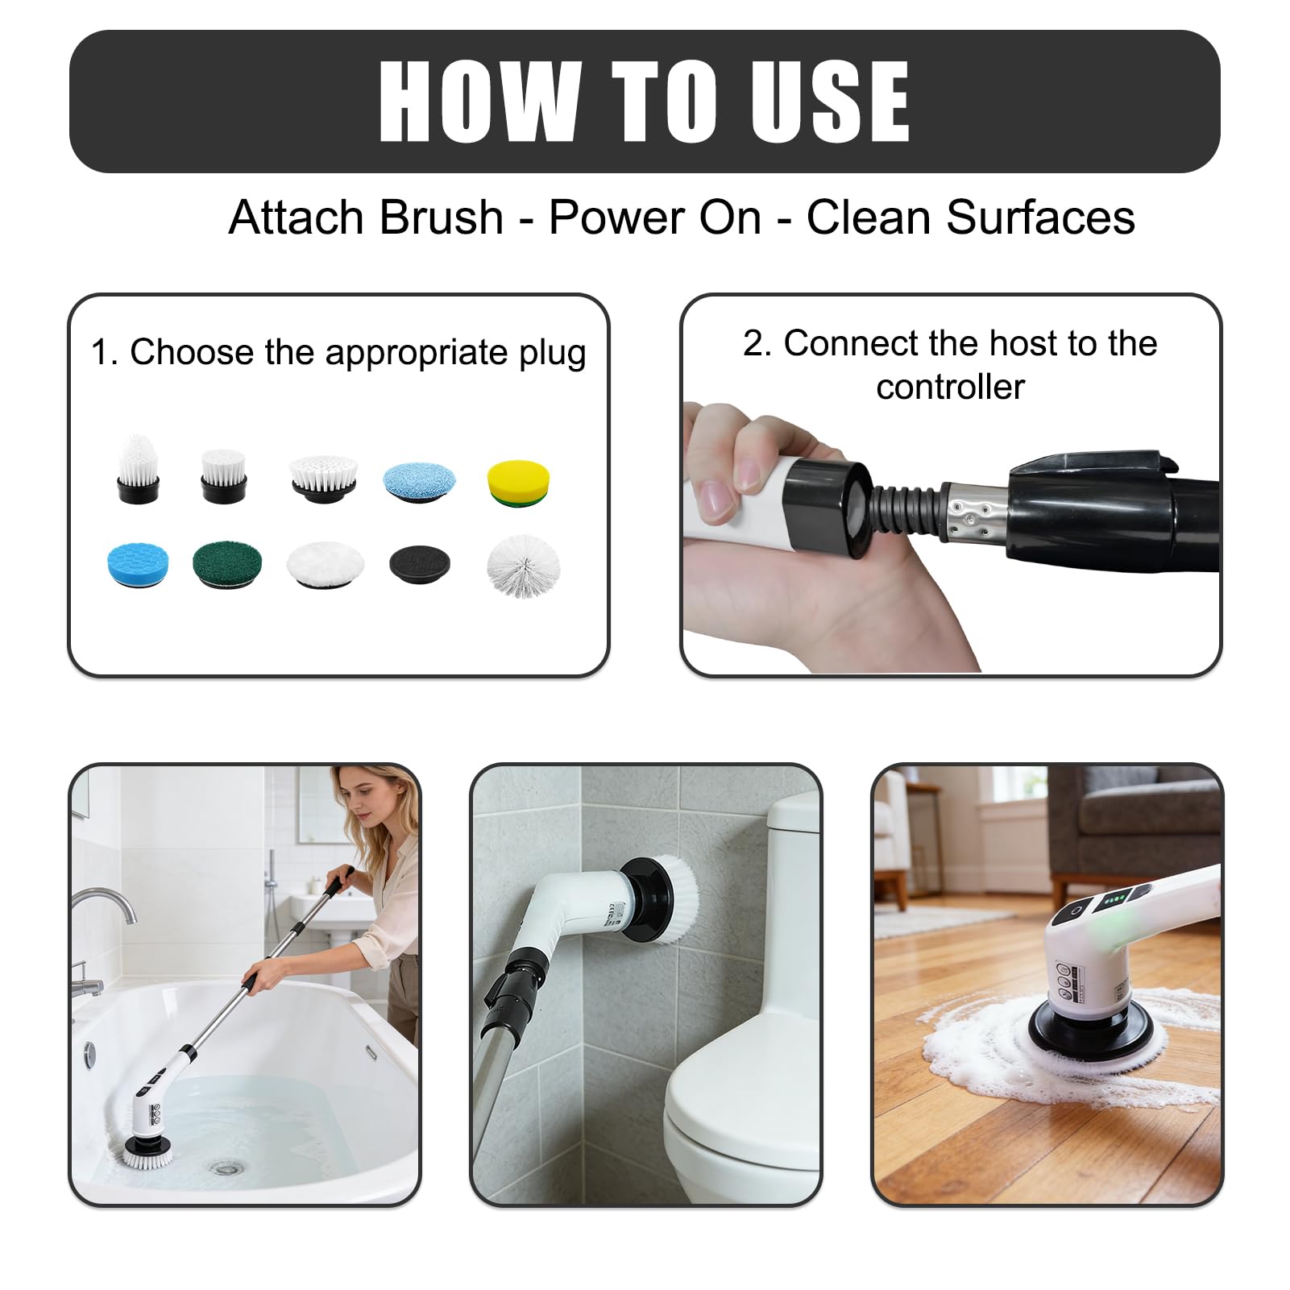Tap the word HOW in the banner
[x=480, y=102]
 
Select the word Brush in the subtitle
[x=442, y=218]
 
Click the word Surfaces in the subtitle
[x=1040, y=218]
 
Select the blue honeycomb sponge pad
[x=138, y=563]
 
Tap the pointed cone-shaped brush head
[x=139, y=469]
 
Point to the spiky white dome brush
[x=523, y=566]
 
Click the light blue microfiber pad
[x=419, y=481]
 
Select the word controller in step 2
[x=951, y=387]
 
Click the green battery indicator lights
[x=1116, y=899]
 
